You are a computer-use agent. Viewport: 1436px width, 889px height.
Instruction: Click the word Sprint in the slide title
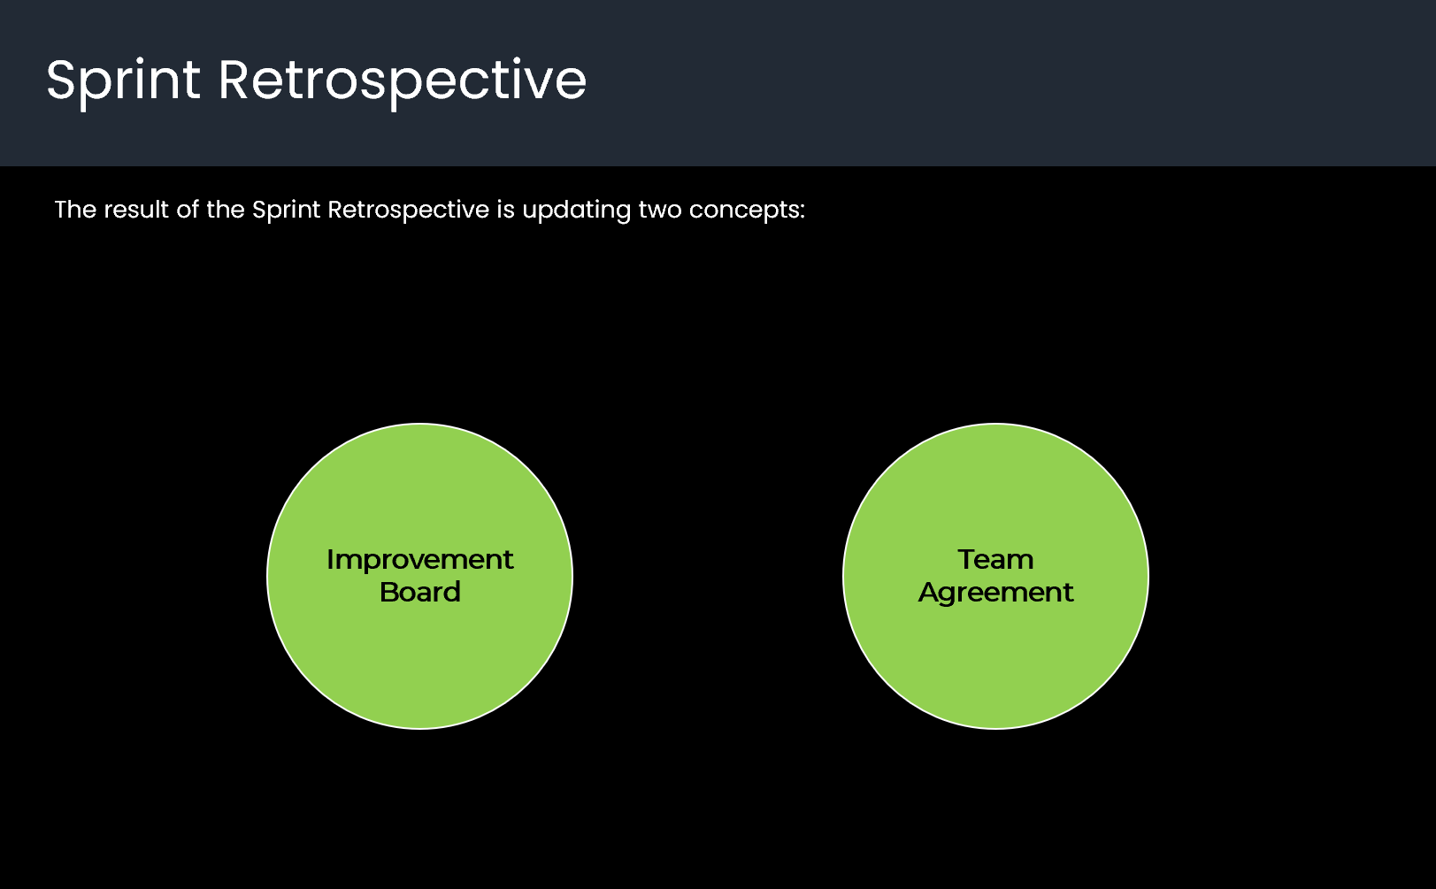[123, 80]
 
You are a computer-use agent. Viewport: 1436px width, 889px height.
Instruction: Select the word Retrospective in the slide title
[402, 80]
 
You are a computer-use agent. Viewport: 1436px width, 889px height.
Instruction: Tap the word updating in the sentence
[576, 211]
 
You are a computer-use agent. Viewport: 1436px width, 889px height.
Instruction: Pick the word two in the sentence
[659, 210]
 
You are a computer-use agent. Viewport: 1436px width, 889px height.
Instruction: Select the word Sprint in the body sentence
[286, 211]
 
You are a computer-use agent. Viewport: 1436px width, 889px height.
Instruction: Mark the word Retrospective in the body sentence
[408, 211]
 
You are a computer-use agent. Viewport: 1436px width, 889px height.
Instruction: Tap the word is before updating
[505, 210]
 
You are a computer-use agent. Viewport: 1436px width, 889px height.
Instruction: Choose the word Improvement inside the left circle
[419, 560]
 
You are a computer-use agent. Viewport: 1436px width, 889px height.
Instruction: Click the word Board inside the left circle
[419, 592]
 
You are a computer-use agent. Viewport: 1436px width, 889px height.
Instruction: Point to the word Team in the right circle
[995, 560]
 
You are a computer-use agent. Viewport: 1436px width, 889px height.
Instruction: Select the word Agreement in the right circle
[995, 593]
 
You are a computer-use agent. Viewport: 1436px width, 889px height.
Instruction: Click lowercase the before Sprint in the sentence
[225, 210]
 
